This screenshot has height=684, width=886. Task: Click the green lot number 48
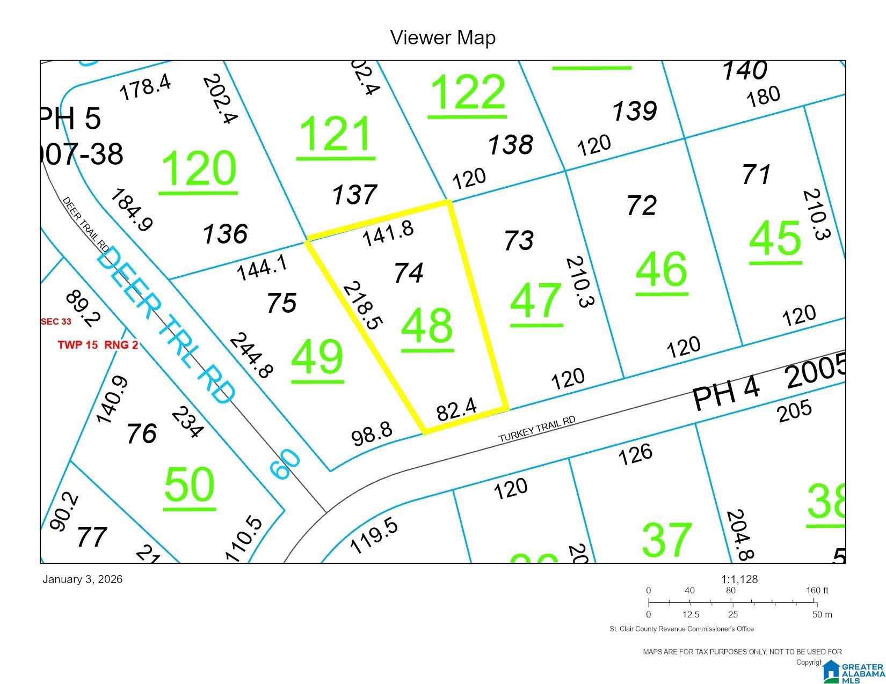(427, 326)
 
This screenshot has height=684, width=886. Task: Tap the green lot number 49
(317, 357)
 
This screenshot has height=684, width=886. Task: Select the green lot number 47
(536, 301)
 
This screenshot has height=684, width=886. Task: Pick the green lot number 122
(467, 93)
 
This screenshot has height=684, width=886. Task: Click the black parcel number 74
(409, 273)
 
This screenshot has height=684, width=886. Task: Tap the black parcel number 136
(225, 234)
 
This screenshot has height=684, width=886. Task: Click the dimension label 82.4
(456, 410)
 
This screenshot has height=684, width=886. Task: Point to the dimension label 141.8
(388, 234)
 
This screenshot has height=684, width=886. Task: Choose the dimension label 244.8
(251, 355)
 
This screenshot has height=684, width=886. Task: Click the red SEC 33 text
(56, 321)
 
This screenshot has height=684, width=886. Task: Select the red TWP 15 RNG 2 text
(98, 344)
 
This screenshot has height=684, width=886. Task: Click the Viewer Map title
(442, 38)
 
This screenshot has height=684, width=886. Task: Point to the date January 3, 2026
(82, 579)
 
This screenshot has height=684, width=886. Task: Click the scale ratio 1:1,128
(739, 579)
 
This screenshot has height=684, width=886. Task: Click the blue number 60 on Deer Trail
(285, 465)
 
